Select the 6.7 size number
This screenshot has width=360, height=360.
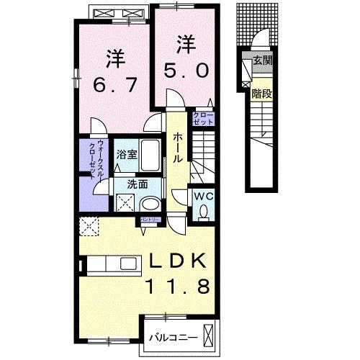(x=112, y=84)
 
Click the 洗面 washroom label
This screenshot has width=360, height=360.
(x=138, y=184)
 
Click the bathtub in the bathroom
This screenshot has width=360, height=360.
(x=151, y=153)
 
